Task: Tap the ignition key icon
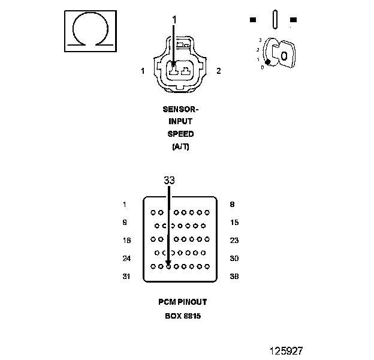point(278,52)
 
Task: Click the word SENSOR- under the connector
point(180,109)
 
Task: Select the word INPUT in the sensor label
point(180,122)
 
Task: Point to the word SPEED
point(180,134)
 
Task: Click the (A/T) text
point(180,147)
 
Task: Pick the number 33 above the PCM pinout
point(169,180)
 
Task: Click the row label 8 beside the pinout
point(232,205)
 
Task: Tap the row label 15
point(234,223)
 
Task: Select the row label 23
point(234,241)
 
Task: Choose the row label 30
point(234,259)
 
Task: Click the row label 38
point(234,277)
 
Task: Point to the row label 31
point(126,277)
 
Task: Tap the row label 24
point(126,259)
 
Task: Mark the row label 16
point(126,241)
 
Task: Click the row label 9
point(124,223)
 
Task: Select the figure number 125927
point(285,349)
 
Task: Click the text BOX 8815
point(183,316)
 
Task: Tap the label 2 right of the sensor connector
point(218,71)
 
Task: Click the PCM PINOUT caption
point(183,302)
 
